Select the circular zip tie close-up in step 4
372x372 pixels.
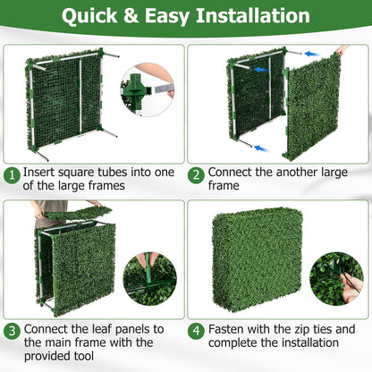click(x=336, y=277)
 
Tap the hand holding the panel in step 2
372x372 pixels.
click(x=342, y=51)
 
